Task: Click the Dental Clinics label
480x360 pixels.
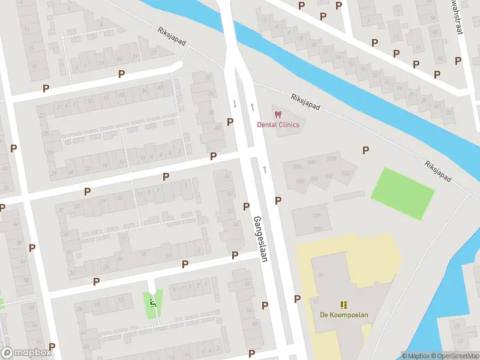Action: point(278,124)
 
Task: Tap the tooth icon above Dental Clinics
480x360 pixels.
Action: point(277,114)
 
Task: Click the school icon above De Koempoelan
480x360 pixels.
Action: point(344,305)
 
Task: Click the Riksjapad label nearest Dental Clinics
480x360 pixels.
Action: point(305,102)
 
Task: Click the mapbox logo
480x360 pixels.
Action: point(26,353)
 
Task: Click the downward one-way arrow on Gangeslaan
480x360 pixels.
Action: point(235,103)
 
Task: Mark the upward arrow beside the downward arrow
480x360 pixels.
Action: point(252,107)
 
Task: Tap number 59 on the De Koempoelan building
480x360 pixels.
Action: point(322,275)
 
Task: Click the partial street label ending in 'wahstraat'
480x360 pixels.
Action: point(460,17)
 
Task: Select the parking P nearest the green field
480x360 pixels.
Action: point(365,150)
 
